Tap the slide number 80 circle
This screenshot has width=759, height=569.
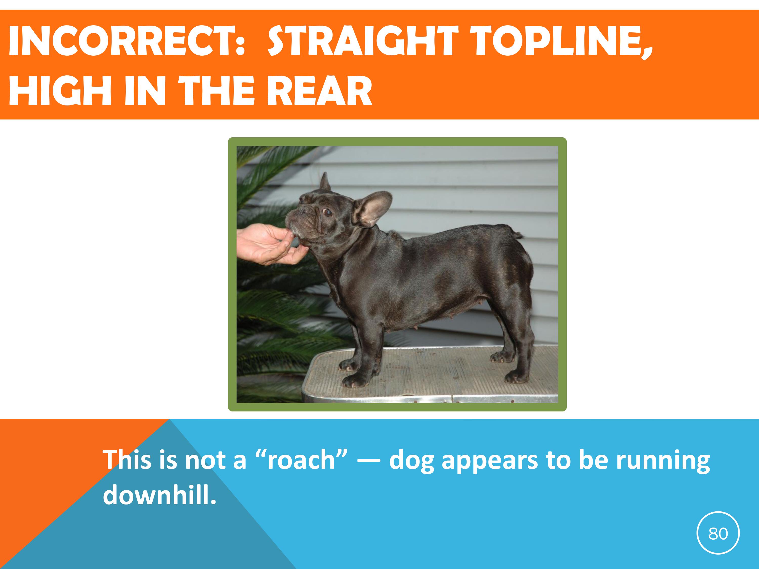click(718, 534)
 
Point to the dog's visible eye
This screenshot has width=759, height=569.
click(328, 213)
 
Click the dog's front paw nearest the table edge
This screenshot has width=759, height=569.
click(355, 379)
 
